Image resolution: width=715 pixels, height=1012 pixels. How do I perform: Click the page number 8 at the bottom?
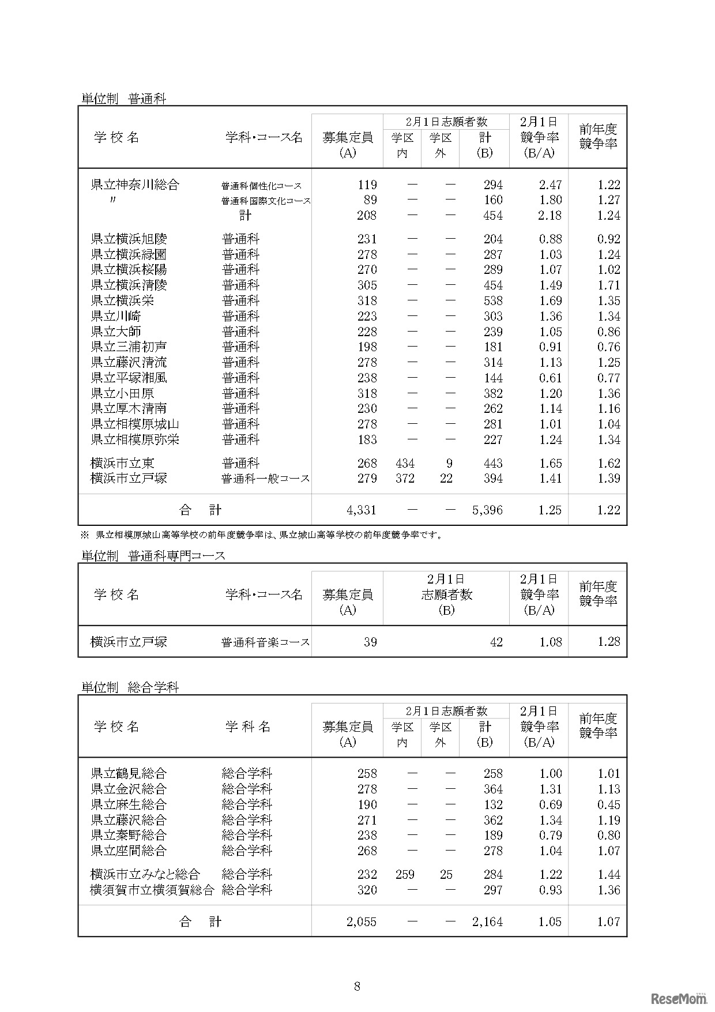tap(357, 986)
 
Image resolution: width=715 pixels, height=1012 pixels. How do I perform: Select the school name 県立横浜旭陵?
tap(129, 239)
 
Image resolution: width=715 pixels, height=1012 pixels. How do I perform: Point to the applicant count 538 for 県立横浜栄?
tap(493, 301)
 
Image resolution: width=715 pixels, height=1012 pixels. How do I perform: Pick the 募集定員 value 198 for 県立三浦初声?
tap(367, 347)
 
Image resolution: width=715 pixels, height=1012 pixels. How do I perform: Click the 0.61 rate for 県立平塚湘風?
tap(550, 378)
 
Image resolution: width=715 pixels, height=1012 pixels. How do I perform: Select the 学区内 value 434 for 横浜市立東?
tap(405, 464)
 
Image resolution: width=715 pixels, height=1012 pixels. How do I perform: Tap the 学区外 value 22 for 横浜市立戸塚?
tap(446, 479)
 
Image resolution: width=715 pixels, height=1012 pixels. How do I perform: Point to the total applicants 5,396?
tap(487, 510)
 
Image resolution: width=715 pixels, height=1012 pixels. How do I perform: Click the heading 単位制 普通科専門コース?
tap(153, 556)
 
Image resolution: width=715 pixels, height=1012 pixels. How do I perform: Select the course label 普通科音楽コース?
tap(266, 642)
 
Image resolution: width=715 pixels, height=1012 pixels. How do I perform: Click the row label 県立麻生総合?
tap(129, 805)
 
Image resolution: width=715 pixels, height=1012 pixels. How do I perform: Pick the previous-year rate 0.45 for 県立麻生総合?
tap(609, 805)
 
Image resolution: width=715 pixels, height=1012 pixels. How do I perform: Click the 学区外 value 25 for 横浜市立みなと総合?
tap(446, 875)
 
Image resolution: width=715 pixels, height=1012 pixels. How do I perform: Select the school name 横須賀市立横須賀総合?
tap(152, 890)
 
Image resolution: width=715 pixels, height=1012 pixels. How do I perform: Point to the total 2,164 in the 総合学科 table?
tap(487, 922)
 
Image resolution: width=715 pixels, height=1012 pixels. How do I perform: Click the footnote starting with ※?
tap(262, 535)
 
